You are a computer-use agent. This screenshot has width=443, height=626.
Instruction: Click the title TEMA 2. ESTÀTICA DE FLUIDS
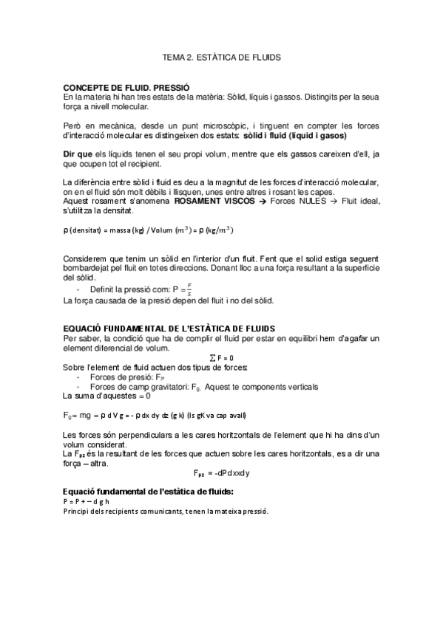(222, 56)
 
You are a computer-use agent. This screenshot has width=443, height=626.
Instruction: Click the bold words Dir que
(78, 154)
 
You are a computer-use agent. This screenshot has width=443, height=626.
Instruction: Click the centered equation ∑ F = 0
(221, 357)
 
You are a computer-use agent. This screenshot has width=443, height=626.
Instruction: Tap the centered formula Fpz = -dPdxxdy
(221, 472)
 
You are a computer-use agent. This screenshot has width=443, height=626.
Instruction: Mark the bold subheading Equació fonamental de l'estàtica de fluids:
(149, 491)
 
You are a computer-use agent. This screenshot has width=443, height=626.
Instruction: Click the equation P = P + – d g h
(87, 501)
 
